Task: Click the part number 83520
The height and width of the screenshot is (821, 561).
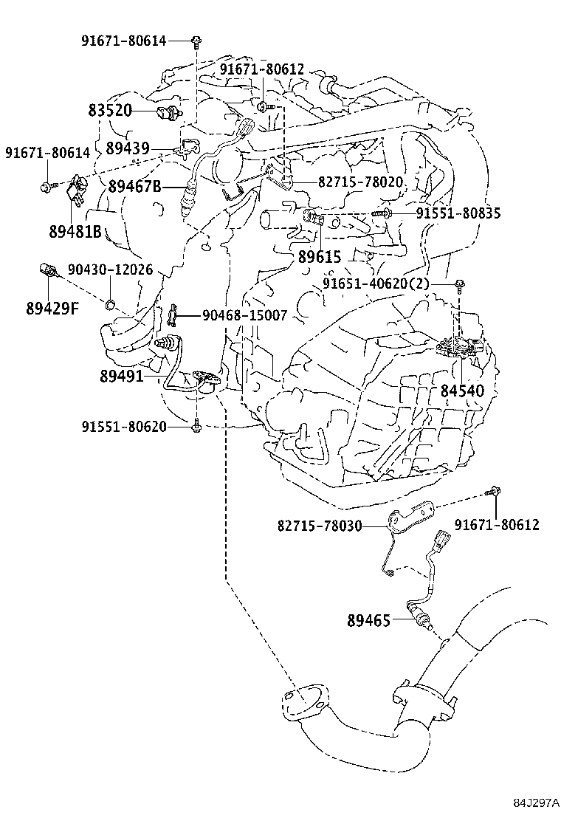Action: (x=110, y=111)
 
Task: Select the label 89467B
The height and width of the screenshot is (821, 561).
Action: (x=135, y=186)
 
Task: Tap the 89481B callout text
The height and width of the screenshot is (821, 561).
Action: (x=75, y=231)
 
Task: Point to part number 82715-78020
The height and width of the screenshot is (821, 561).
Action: (x=360, y=182)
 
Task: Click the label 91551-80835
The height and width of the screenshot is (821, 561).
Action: (x=458, y=213)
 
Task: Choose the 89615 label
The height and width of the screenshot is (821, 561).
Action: (x=319, y=257)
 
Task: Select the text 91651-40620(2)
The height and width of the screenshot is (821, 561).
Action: (x=376, y=284)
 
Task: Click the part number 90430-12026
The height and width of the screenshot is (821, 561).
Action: (x=111, y=269)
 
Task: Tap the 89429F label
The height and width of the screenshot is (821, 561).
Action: (x=52, y=309)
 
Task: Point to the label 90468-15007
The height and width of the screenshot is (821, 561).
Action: (x=245, y=315)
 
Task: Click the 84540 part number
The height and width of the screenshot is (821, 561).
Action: (x=462, y=391)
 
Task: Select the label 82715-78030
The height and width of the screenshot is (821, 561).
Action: (x=320, y=525)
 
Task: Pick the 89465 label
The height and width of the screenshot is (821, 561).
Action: (x=369, y=621)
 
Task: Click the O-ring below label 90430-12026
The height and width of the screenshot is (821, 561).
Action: (x=111, y=304)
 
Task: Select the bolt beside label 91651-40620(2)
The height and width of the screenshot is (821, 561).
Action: (x=459, y=286)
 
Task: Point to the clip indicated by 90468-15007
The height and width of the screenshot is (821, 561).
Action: (x=173, y=315)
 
